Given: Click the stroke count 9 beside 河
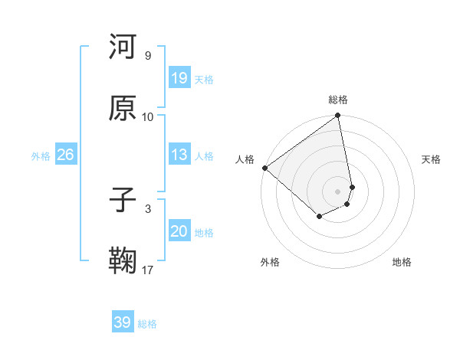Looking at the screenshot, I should point(148,56).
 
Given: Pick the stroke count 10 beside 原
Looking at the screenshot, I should point(148,116).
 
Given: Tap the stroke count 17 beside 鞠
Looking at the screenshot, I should point(148,270).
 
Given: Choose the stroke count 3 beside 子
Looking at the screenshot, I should point(148,208).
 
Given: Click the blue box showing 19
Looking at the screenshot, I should point(179,78).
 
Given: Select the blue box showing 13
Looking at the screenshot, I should point(179,155).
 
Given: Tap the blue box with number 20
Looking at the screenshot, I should point(179,231).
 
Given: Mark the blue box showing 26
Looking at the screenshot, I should point(65,155).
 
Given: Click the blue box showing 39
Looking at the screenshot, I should point(123,322).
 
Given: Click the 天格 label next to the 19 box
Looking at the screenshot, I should point(204,80).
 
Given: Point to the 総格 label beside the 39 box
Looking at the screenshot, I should point(147,324).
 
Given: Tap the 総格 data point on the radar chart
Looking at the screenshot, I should point(338,116).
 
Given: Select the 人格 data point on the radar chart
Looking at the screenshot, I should point(264,168).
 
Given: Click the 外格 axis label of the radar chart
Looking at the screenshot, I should point(270,262).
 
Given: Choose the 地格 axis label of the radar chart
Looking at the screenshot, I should point(402,262).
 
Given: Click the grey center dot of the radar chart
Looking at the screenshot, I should point(338,190).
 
